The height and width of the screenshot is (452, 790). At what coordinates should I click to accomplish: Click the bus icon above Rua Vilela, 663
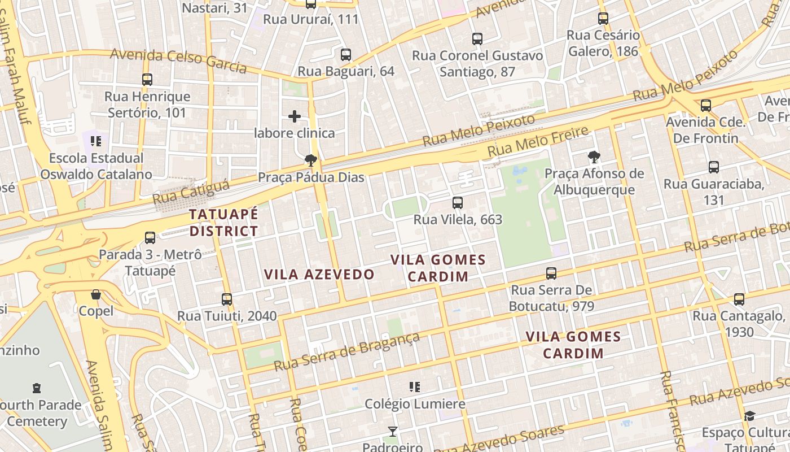click(x=458, y=202)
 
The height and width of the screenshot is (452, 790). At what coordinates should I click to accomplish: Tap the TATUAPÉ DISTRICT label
click(x=223, y=223)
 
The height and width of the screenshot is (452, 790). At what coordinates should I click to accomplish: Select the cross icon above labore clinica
click(x=295, y=116)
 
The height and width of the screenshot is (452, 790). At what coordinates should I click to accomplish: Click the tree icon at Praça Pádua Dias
click(x=310, y=160)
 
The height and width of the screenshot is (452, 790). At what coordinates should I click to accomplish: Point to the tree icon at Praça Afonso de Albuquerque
click(x=593, y=157)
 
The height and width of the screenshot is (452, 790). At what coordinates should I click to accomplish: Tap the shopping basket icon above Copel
click(x=96, y=294)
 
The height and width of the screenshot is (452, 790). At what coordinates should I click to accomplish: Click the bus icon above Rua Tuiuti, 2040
click(x=227, y=299)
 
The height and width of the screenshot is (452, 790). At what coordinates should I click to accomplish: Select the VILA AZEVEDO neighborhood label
click(x=319, y=275)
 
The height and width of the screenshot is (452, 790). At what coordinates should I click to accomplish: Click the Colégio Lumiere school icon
click(x=415, y=387)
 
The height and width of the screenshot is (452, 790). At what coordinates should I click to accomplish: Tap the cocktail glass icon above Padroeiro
click(x=392, y=432)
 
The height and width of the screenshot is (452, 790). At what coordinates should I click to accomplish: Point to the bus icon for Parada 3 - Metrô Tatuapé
click(x=150, y=238)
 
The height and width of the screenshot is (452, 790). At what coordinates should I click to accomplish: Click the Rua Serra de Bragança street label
click(x=346, y=351)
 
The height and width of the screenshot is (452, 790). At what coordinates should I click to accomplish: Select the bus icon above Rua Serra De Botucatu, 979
click(x=551, y=273)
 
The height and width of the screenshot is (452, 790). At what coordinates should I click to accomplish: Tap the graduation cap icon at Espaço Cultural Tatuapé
click(x=749, y=416)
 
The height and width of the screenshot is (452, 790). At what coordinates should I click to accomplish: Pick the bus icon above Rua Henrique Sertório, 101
click(x=147, y=80)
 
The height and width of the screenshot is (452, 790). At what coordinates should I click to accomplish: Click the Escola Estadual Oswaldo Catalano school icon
click(x=96, y=141)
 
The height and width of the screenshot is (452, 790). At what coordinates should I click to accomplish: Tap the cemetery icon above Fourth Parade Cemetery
click(x=37, y=388)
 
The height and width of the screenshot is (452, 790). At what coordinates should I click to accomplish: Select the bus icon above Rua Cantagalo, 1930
click(x=739, y=299)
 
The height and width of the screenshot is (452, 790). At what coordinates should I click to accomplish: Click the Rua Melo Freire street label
click(x=538, y=142)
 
